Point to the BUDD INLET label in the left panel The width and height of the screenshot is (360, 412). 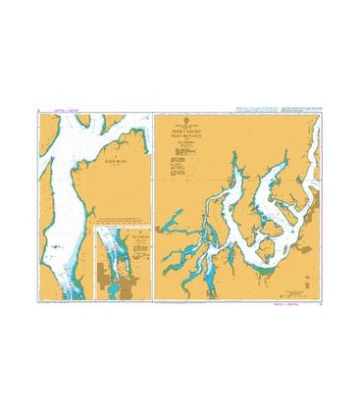[119, 163]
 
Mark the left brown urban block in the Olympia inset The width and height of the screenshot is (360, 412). [105, 280]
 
